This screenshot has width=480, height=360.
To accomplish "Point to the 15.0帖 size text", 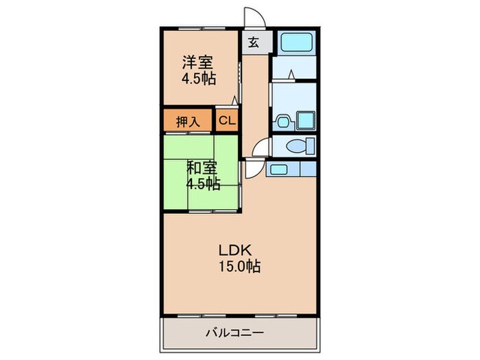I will tap(239, 267).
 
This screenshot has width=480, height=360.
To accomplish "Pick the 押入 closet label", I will tap(189, 122).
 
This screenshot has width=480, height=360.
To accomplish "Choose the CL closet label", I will tap(227, 122).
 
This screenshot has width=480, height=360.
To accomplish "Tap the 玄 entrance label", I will tap(253, 43).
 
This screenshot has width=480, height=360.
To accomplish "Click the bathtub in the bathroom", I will tap(296, 43).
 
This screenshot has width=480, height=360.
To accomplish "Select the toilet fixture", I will tap(300, 145).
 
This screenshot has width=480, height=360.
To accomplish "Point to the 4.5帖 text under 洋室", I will tap(199, 79).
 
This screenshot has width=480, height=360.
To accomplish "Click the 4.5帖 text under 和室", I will tap(204, 183).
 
